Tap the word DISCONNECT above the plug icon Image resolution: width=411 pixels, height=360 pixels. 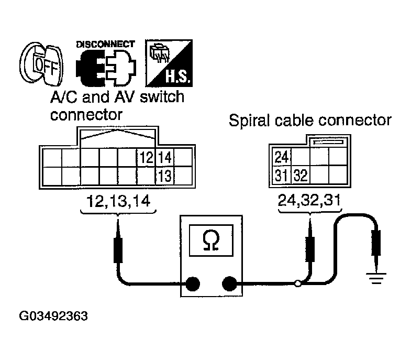105,44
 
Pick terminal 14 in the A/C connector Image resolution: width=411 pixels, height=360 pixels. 164,157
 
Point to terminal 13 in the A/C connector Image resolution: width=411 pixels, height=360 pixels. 164,174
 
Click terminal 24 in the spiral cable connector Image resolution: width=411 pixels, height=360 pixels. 281,156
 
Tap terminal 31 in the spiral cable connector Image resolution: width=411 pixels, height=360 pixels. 281,174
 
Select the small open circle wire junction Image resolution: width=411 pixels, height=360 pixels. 298,284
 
